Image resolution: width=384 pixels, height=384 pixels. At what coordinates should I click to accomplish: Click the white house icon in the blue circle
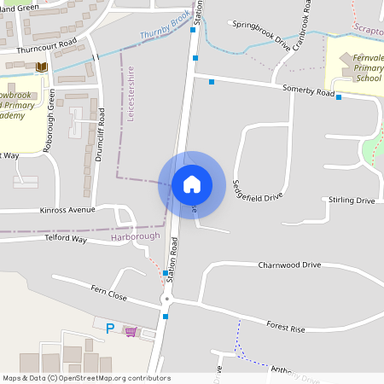coord(191,183)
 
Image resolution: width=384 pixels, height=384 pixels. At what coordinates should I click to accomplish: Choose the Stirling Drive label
coord(352,201)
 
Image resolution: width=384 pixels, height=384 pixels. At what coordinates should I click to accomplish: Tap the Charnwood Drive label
coord(289,265)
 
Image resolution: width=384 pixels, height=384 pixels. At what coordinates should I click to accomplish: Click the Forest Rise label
coord(285,326)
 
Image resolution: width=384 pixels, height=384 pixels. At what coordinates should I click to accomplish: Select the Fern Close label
coord(108,296)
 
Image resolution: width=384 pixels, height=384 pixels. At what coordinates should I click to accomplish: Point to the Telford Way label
coord(66,240)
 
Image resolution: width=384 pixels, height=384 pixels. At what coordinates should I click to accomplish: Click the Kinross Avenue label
coord(67,209)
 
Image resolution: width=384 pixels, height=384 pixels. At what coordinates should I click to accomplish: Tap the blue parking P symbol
coord(108,328)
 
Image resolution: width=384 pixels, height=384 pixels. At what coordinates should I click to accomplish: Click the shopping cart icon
coord(130,330)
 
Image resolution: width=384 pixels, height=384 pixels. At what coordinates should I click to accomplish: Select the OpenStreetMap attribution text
coord(86,378)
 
